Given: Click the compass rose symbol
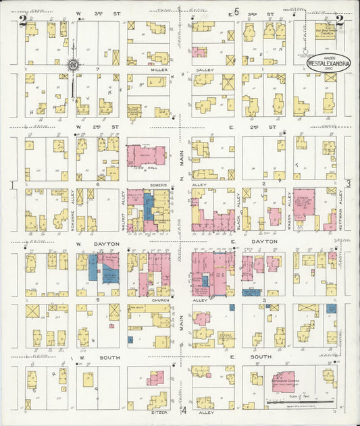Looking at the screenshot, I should point(72,65).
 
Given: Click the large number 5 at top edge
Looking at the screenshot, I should point(236,11).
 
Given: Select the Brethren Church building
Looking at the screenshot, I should point(326,31).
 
